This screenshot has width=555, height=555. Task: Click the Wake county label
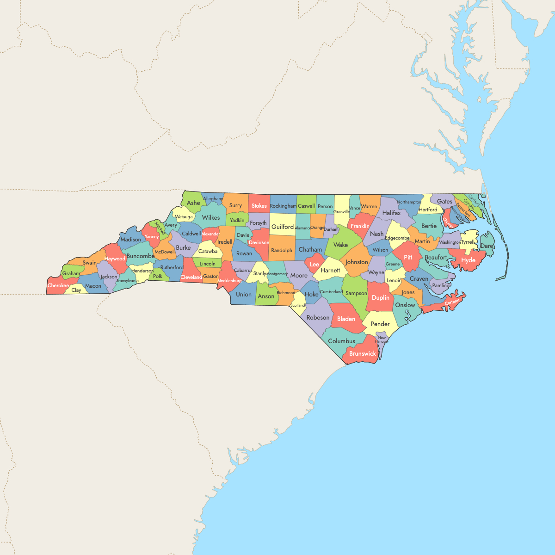pos(340,245)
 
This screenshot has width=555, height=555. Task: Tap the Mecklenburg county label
pos(229,281)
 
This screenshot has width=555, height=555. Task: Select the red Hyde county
pos(468,260)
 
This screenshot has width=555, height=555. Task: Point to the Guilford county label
pos(282,227)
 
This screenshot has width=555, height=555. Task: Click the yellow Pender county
pos(380,324)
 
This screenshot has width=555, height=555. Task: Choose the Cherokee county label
pos(58,285)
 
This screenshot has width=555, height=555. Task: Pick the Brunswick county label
pos(363,354)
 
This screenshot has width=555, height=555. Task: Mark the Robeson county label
pos(318,318)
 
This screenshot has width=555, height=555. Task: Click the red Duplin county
pos(381,298)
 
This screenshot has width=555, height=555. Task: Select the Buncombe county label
pos(140,256)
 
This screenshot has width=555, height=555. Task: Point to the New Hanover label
pos(382,339)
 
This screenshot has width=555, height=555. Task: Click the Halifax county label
pos(391,213)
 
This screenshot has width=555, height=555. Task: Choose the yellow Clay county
pos(76,290)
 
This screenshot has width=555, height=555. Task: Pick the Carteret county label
pos(452,302)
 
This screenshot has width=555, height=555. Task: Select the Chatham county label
pos(310,250)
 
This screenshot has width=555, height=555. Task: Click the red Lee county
pos(314,265)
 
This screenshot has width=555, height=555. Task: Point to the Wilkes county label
pos(211,217)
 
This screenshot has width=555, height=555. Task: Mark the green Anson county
pos(266,296)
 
